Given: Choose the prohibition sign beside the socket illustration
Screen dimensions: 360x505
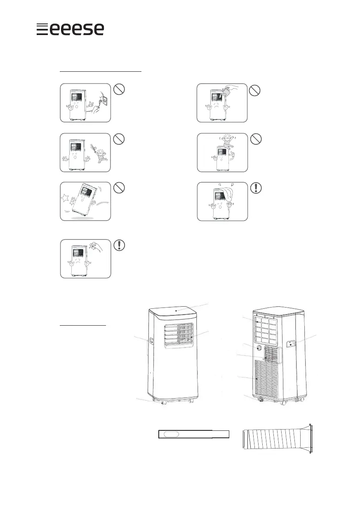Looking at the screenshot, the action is pyautogui.click(x=119, y=90).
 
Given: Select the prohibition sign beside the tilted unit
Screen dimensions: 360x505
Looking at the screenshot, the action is pyautogui.click(x=119, y=188).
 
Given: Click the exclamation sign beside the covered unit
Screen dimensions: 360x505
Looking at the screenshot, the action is pyautogui.click(x=256, y=188).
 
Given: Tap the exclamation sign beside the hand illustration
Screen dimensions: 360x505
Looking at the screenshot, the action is pyautogui.click(x=119, y=245).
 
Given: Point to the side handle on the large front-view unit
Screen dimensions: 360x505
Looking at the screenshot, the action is pyautogui.click(x=151, y=342).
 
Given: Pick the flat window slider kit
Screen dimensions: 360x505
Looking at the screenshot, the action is pyautogui.click(x=193, y=434).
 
